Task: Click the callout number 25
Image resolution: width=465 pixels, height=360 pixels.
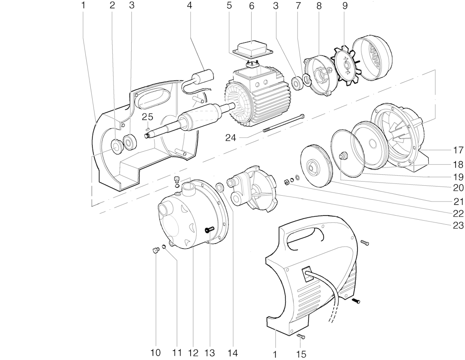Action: pyautogui.click(x=147, y=117)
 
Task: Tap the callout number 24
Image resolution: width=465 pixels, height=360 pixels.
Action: pyautogui.click(x=231, y=138)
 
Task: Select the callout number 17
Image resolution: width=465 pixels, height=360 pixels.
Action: pyautogui.click(x=458, y=150)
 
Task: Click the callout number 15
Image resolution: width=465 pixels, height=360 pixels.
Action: pyautogui.click(x=300, y=354)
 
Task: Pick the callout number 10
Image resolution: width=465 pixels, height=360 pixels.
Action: pyautogui.click(x=155, y=353)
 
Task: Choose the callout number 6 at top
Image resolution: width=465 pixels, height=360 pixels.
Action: pyautogui.click(x=252, y=6)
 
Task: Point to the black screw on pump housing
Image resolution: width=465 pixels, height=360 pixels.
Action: pyautogui.click(x=210, y=230)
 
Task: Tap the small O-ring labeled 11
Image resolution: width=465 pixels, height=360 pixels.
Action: pyautogui.click(x=164, y=246)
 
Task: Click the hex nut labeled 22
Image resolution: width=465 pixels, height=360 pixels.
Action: pyautogui.click(x=287, y=182)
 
